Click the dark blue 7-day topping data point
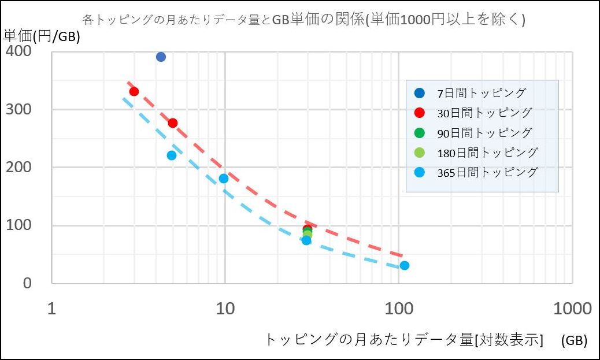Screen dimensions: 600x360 click(x=161, y=57)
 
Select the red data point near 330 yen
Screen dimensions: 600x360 click(x=134, y=91)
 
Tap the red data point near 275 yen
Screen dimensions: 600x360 click(x=173, y=123)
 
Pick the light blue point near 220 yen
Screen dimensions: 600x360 click(x=172, y=155)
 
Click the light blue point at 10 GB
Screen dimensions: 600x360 click(x=224, y=179)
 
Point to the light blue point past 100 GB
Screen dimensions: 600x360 click(x=405, y=265)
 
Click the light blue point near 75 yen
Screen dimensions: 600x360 click(x=306, y=240)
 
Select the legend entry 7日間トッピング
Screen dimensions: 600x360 click(x=471, y=93)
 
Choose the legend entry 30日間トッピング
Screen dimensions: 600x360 click(x=473, y=113)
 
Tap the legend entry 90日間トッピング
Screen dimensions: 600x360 click(x=473, y=133)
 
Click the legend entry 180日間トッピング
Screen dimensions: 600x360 click(x=476, y=153)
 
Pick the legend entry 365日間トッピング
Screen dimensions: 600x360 click(x=476, y=173)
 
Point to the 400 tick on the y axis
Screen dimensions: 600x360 click(x=18, y=51)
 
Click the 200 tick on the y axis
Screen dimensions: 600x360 click(x=18, y=167)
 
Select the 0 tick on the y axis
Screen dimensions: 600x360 click(x=27, y=283)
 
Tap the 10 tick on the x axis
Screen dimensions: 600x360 click(x=225, y=309)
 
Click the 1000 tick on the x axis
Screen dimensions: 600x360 click(x=572, y=309)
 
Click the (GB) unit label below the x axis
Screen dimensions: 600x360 click(x=574, y=340)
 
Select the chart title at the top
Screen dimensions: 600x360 click(x=304, y=19)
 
